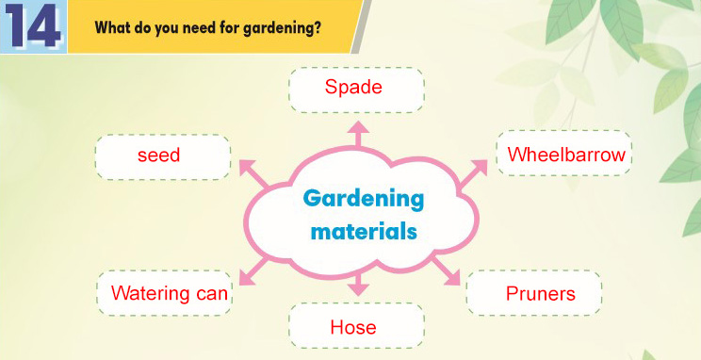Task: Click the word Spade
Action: pyautogui.click(x=353, y=88)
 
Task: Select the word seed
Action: pyautogui.click(x=158, y=155)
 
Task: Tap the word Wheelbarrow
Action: pyautogui.click(x=566, y=155)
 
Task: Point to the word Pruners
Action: pyautogui.click(x=541, y=294)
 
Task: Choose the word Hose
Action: pyautogui.click(x=353, y=327)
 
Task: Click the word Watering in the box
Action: pyautogui.click(x=150, y=294)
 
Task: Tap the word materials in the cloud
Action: pyautogui.click(x=364, y=232)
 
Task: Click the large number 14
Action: pyautogui.click(x=34, y=26)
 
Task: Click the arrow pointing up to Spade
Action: pyautogui.click(x=358, y=134)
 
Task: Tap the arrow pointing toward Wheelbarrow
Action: pyautogui.click(x=473, y=173)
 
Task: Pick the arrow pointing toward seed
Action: pyautogui.click(x=254, y=173)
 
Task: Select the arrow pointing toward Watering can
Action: pyautogui.click(x=253, y=271)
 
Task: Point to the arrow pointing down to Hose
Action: pyautogui.click(x=358, y=285)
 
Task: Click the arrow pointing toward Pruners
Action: pyautogui.click(x=446, y=271)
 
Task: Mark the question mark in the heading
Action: pyautogui.click(x=317, y=28)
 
